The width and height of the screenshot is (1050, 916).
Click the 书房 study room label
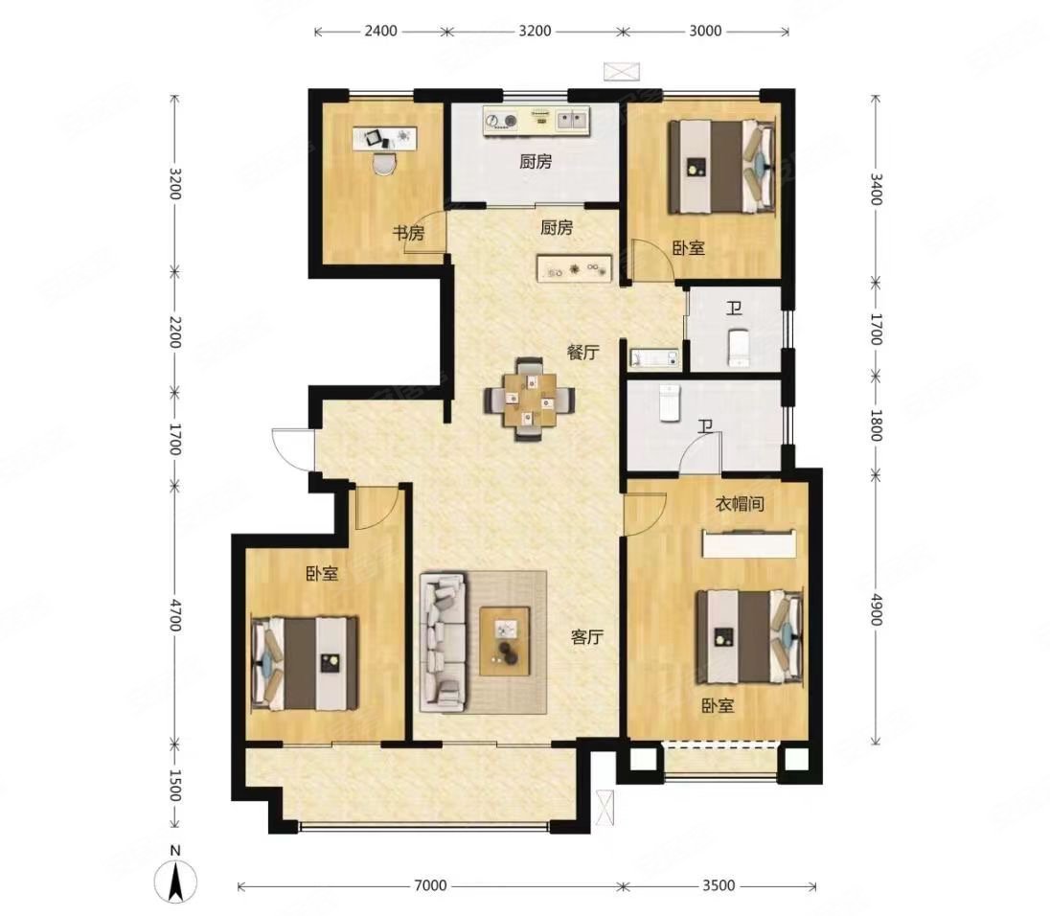point(408,234)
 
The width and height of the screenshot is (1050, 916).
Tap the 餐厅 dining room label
point(582,353)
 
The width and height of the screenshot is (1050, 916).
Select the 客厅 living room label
point(587,637)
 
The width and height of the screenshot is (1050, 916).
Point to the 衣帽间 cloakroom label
point(740,504)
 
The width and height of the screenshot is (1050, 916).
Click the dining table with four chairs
point(530,400)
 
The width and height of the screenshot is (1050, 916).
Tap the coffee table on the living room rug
point(505,641)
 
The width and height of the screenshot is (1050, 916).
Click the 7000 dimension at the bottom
point(430,885)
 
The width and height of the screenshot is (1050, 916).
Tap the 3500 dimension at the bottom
point(719,885)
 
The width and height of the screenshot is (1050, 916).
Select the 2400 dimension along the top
point(380,31)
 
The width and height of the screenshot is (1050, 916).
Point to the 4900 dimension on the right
point(876,609)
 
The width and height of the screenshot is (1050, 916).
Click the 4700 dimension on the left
point(174,615)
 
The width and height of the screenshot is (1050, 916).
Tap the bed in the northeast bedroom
point(722,166)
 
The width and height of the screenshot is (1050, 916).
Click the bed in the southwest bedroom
point(305,664)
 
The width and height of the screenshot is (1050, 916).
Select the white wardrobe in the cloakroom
point(749,543)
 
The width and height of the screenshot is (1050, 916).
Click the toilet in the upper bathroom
point(738,348)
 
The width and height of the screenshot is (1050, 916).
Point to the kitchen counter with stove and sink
point(536,121)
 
